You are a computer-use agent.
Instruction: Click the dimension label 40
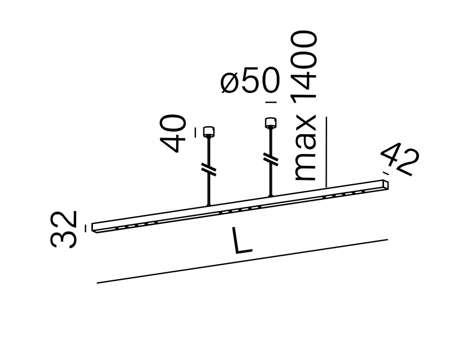coord(175,134)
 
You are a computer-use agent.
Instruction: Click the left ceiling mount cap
coord(208,131)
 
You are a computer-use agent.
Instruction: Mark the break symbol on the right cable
coord(271,160)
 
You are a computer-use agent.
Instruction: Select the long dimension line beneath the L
coord(242,261)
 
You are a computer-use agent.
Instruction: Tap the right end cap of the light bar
coord(385,184)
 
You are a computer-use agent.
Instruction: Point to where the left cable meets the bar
coord(208,205)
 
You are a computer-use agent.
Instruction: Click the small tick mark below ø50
coord(271,102)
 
